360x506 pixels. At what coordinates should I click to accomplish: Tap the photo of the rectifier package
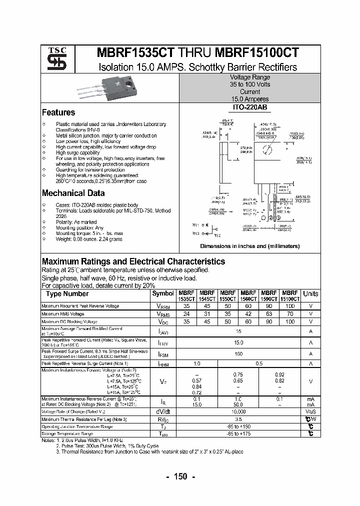[102, 89]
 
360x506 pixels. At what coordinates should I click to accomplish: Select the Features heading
[58, 112]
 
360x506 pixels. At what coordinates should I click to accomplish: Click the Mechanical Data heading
[73, 193]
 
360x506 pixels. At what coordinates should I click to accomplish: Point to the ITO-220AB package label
[249, 107]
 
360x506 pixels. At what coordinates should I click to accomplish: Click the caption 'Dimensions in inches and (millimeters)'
[249, 246]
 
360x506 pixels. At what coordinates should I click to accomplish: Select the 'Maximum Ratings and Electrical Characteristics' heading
[133, 261]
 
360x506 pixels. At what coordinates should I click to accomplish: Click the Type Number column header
[67, 294]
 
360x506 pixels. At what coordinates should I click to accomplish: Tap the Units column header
[310, 294]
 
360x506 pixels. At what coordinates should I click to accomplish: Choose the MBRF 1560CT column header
[248, 295]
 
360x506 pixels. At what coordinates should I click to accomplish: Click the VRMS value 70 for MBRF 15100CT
[289, 314]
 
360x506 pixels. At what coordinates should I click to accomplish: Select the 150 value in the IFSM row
[238, 353]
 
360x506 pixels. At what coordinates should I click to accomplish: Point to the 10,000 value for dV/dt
[238, 411]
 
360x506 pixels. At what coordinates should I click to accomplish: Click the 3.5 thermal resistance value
[238, 419]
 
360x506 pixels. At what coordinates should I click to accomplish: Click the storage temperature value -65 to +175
[238, 434]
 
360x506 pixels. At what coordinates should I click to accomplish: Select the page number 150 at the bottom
[179, 476]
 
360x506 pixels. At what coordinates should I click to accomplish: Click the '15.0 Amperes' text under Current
[249, 99]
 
